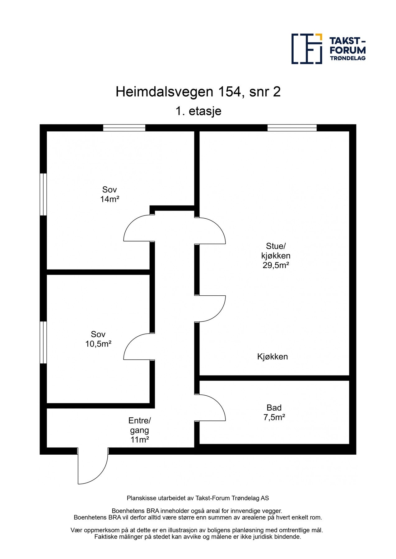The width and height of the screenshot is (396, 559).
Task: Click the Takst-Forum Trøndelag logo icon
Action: coord(306,49)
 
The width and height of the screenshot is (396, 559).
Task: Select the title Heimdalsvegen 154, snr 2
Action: coord(198,92)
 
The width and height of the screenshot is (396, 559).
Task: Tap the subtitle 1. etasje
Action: coord(198,111)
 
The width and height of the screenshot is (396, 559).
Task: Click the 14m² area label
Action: coord(110,199)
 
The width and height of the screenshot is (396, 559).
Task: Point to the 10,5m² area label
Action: coord(98,344)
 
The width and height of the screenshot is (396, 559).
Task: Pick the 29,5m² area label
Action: coord(276,265)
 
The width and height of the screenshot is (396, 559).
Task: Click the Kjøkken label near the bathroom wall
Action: coord(273,357)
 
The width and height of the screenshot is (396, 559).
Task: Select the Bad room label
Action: coord(274,408)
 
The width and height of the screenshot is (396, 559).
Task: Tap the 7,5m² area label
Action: coord(274,417)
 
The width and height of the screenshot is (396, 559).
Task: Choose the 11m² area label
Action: coord(140,440)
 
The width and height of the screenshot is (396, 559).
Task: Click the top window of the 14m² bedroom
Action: coord(124,128)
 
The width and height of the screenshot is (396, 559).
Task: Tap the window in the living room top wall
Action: coord(292,128)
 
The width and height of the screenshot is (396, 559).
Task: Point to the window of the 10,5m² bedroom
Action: coord(43,342)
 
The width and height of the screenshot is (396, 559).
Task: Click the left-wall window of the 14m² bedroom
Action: coord(43,194)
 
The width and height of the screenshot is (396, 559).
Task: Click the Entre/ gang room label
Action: coord(139,425)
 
